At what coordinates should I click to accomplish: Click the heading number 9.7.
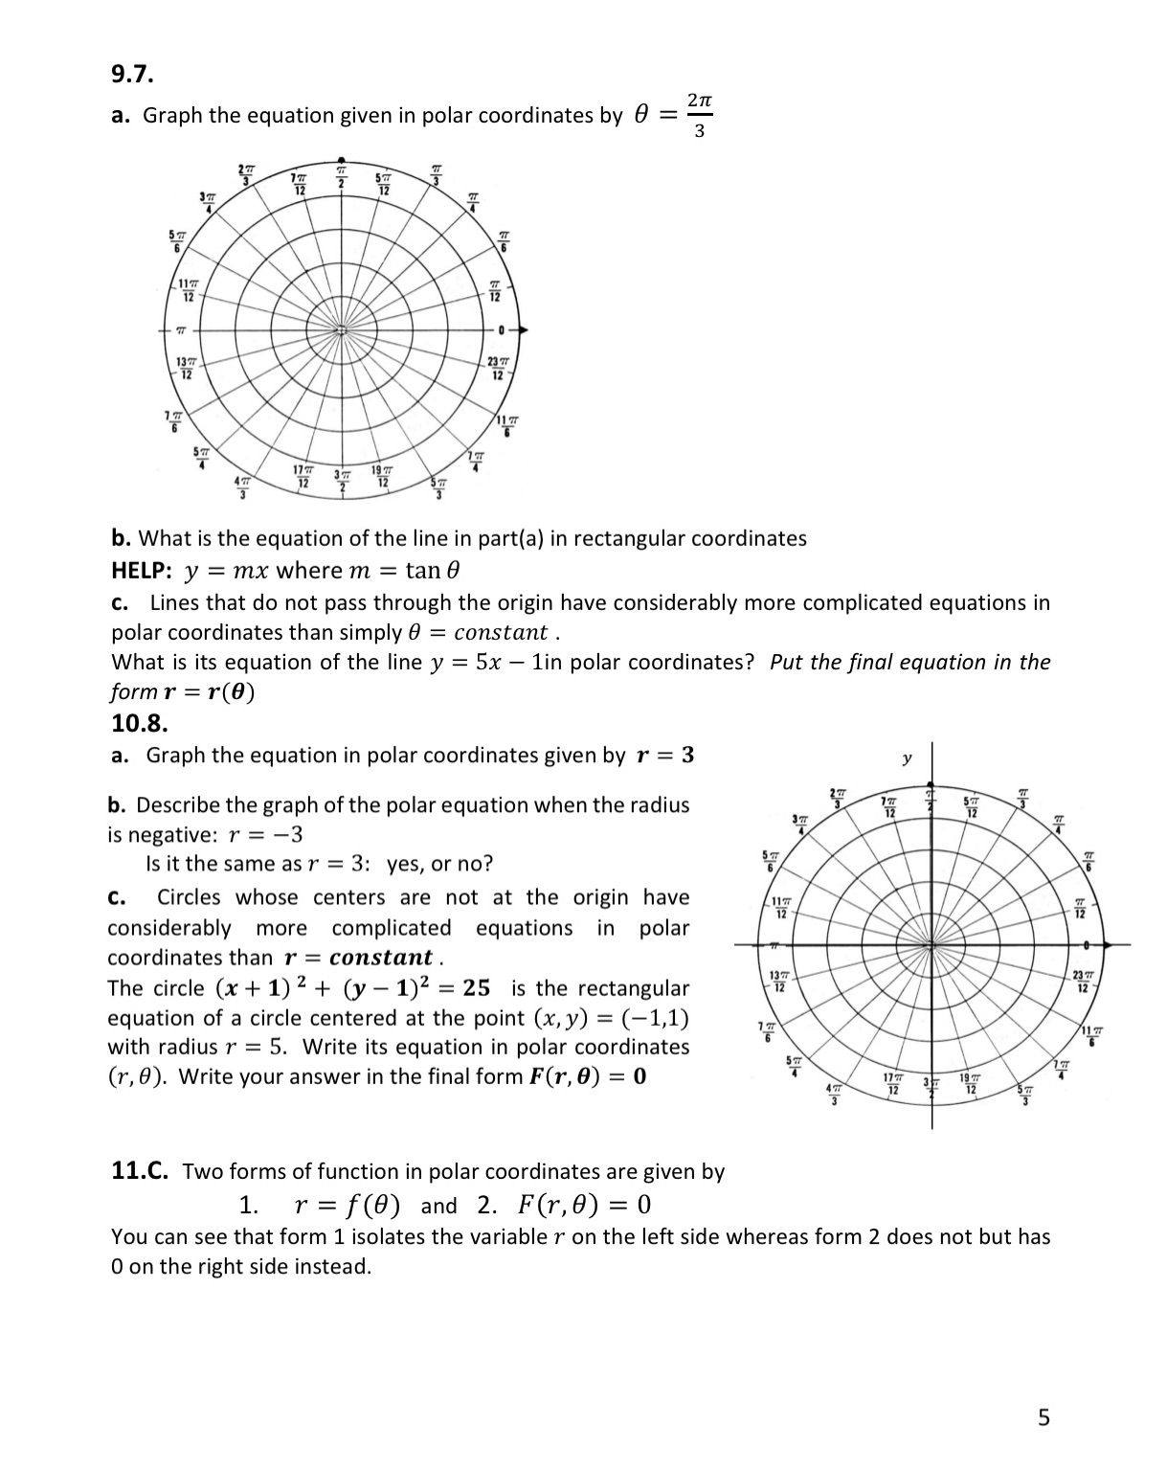132,74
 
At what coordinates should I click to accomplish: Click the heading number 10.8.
140,722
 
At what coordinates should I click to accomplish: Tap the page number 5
1044,1417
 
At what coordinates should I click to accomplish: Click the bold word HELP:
142,571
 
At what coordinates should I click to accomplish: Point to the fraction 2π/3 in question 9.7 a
699,115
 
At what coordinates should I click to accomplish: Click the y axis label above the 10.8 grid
906,759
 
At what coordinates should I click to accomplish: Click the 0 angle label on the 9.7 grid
500,330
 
